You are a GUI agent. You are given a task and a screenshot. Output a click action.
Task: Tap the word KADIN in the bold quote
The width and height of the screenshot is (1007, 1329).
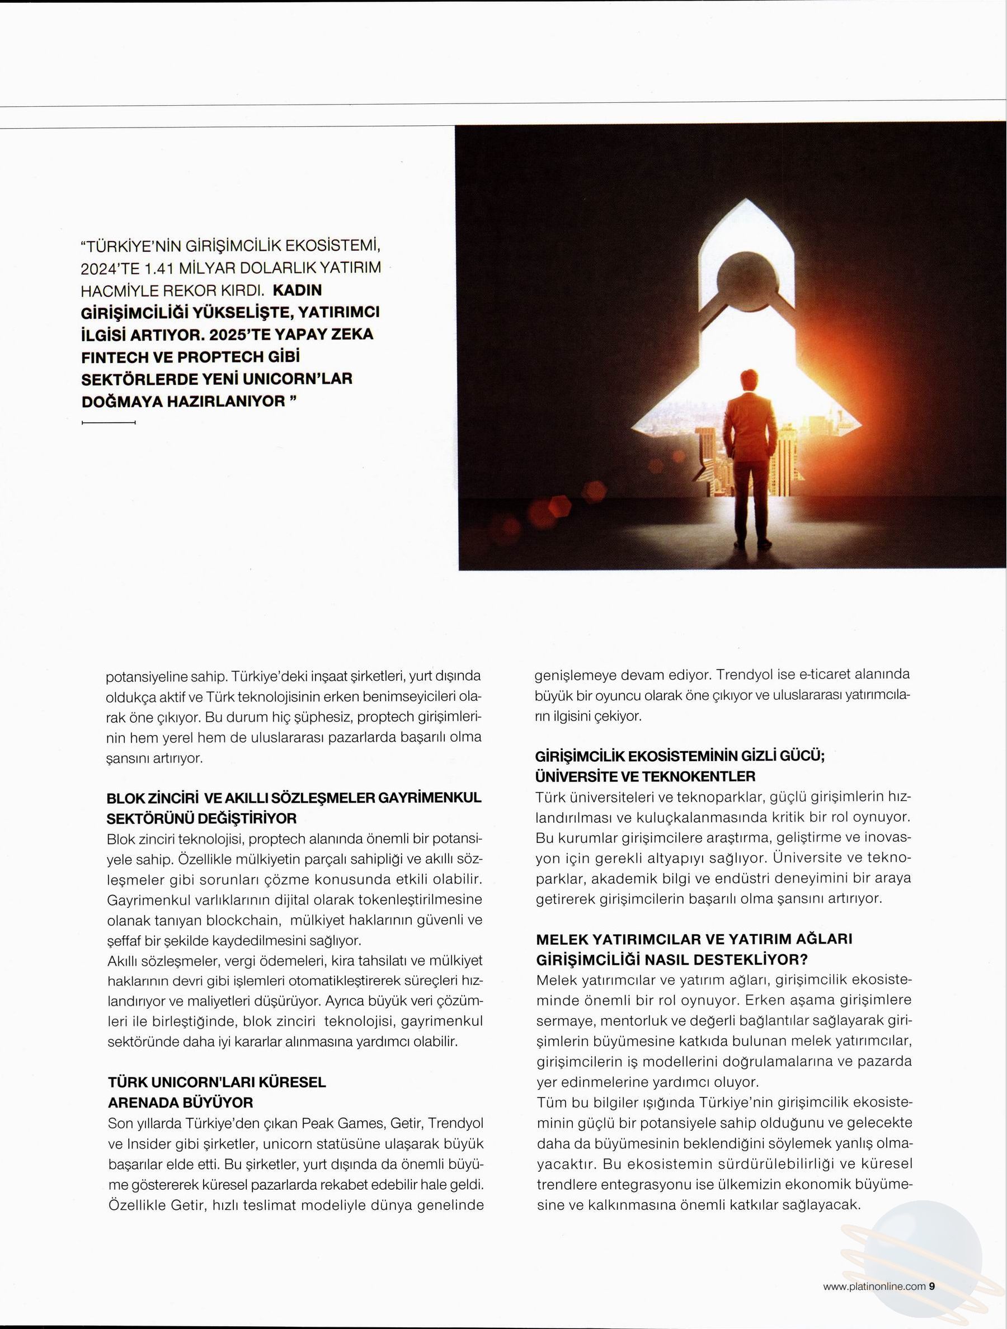click(298, 290)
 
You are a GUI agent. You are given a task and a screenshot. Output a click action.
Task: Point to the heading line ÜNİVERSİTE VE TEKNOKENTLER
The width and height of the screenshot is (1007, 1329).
click(644, 776)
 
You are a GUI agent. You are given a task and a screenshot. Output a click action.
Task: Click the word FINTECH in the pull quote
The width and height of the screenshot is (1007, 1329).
click(113, 357)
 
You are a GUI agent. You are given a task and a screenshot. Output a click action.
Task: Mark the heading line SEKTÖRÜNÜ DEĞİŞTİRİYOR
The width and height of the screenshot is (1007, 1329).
click(202, 818)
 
